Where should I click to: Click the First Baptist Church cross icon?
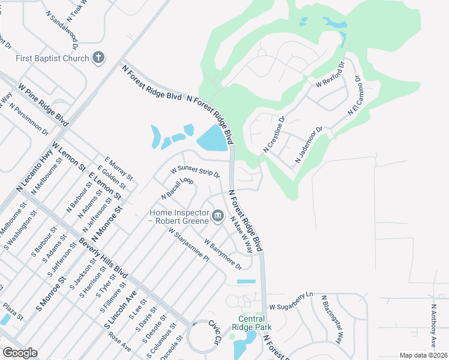pyautogui.click(x=98, y=58)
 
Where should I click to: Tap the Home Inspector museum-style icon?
pyautogui.click(x=217, y=216)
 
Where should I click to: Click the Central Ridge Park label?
pyautogui.click(x=255, y=323)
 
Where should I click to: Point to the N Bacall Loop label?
pyautogui.click(x=176, y=188)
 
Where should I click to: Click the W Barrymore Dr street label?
pyautogui.click(x=223, y=254)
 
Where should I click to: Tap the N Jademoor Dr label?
pyautogui.click(x=309, y=145)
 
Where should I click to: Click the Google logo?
pyautogui.click(x=20, y=353)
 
